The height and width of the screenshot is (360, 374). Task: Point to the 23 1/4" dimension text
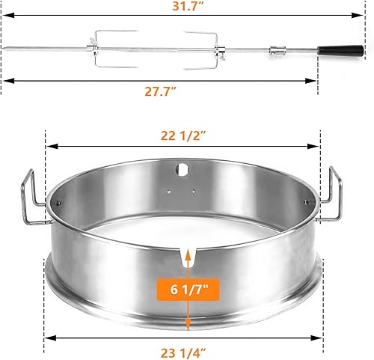click(184, 347)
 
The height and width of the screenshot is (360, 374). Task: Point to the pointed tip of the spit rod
click(6, 51)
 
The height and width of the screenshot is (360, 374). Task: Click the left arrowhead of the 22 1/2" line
click(49, 147)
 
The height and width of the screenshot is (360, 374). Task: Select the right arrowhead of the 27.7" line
click(316, 82)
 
